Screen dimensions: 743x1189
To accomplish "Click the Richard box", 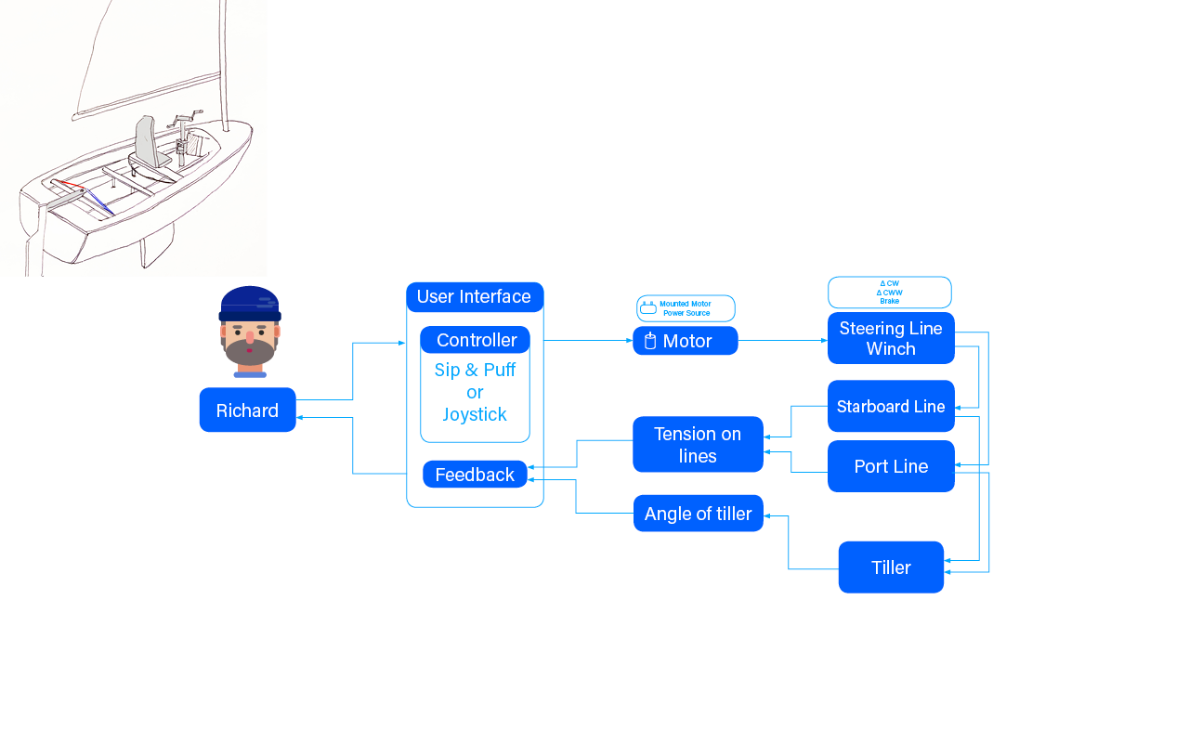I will click(x=247, y=411).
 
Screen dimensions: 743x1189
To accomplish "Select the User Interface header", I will click(x=474, y=297).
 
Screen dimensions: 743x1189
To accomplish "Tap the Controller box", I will click(x=476, y=340).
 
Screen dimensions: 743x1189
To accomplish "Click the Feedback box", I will click(x=475, y=475).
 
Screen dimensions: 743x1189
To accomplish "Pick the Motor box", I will click(x=686, y=341).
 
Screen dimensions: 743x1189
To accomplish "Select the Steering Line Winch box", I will click(x=891, y=338).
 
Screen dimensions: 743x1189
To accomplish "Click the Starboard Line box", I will click(x=891, y=407).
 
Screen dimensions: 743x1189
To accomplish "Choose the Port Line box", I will click(x=891, y=466).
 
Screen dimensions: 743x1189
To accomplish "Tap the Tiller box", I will click(x=891, y=567).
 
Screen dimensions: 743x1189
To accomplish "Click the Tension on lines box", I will click(x=698, y=445).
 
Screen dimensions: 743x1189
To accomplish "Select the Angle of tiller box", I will click(x=698, y=514).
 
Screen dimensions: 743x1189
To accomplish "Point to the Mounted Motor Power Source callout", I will click(x=686, y=308).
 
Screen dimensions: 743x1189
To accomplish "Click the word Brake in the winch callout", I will click(x=890, y=301).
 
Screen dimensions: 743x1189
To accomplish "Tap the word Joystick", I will click(x=474, y=414).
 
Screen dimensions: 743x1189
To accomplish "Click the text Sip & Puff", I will click(x=475, y=370).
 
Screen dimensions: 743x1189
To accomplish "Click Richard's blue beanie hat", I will click(x=249, y=302).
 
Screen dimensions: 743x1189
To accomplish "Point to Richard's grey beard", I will click(x=250, y=352).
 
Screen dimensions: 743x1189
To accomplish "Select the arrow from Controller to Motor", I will click(x=588, y=341).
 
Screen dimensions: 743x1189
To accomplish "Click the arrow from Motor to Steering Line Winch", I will click(x=782, y=341).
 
